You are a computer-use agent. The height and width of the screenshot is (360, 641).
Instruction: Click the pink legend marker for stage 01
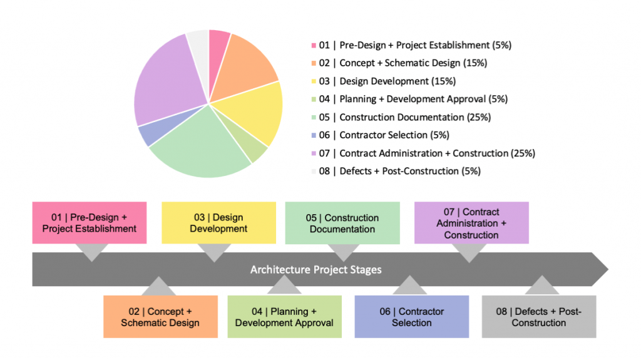[x=314, y=46]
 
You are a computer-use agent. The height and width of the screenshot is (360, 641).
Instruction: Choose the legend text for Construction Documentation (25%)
[x=415, y=118]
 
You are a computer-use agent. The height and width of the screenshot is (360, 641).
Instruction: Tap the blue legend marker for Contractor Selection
[x=314, y=135]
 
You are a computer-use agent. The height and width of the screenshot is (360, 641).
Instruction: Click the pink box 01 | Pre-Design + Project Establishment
[x=90, y=222]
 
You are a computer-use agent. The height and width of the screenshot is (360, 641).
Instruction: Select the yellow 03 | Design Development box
[x=218, y=222]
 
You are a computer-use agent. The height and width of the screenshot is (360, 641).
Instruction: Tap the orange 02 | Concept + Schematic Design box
[x=160, y=317]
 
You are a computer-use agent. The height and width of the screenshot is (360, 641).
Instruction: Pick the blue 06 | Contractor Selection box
[x=412, y=317]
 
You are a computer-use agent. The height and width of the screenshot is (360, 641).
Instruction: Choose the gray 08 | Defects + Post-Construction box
[x=539, y=317]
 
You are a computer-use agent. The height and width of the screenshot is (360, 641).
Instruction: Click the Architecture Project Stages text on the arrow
[x=316, y=270]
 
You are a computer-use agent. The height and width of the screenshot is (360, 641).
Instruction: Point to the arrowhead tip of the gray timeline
[x=608, y=269]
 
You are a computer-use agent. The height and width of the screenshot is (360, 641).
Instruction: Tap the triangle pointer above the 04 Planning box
[x=284, y=285]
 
